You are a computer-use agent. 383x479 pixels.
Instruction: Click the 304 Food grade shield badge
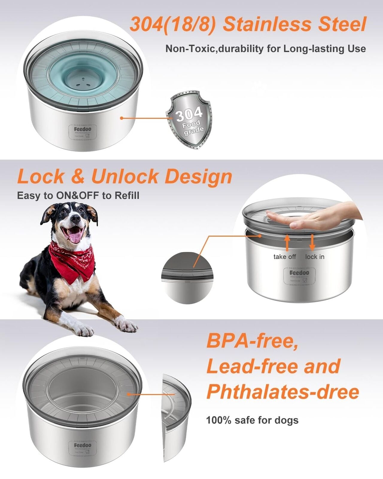[189, 120]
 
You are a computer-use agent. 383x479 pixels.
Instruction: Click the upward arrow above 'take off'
[287, 242]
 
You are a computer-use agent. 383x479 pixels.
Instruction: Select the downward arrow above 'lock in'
[312, 242]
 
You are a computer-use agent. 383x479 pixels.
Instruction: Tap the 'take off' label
[285, 257]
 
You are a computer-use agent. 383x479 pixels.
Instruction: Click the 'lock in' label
[315, 257]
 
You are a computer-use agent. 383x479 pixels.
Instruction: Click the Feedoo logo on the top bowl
[83, 129]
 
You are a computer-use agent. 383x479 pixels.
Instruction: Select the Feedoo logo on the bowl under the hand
[299, 273]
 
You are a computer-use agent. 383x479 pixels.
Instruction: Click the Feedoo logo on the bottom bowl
[83, 445]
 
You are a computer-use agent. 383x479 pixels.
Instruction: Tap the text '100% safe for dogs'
[252, 420]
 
